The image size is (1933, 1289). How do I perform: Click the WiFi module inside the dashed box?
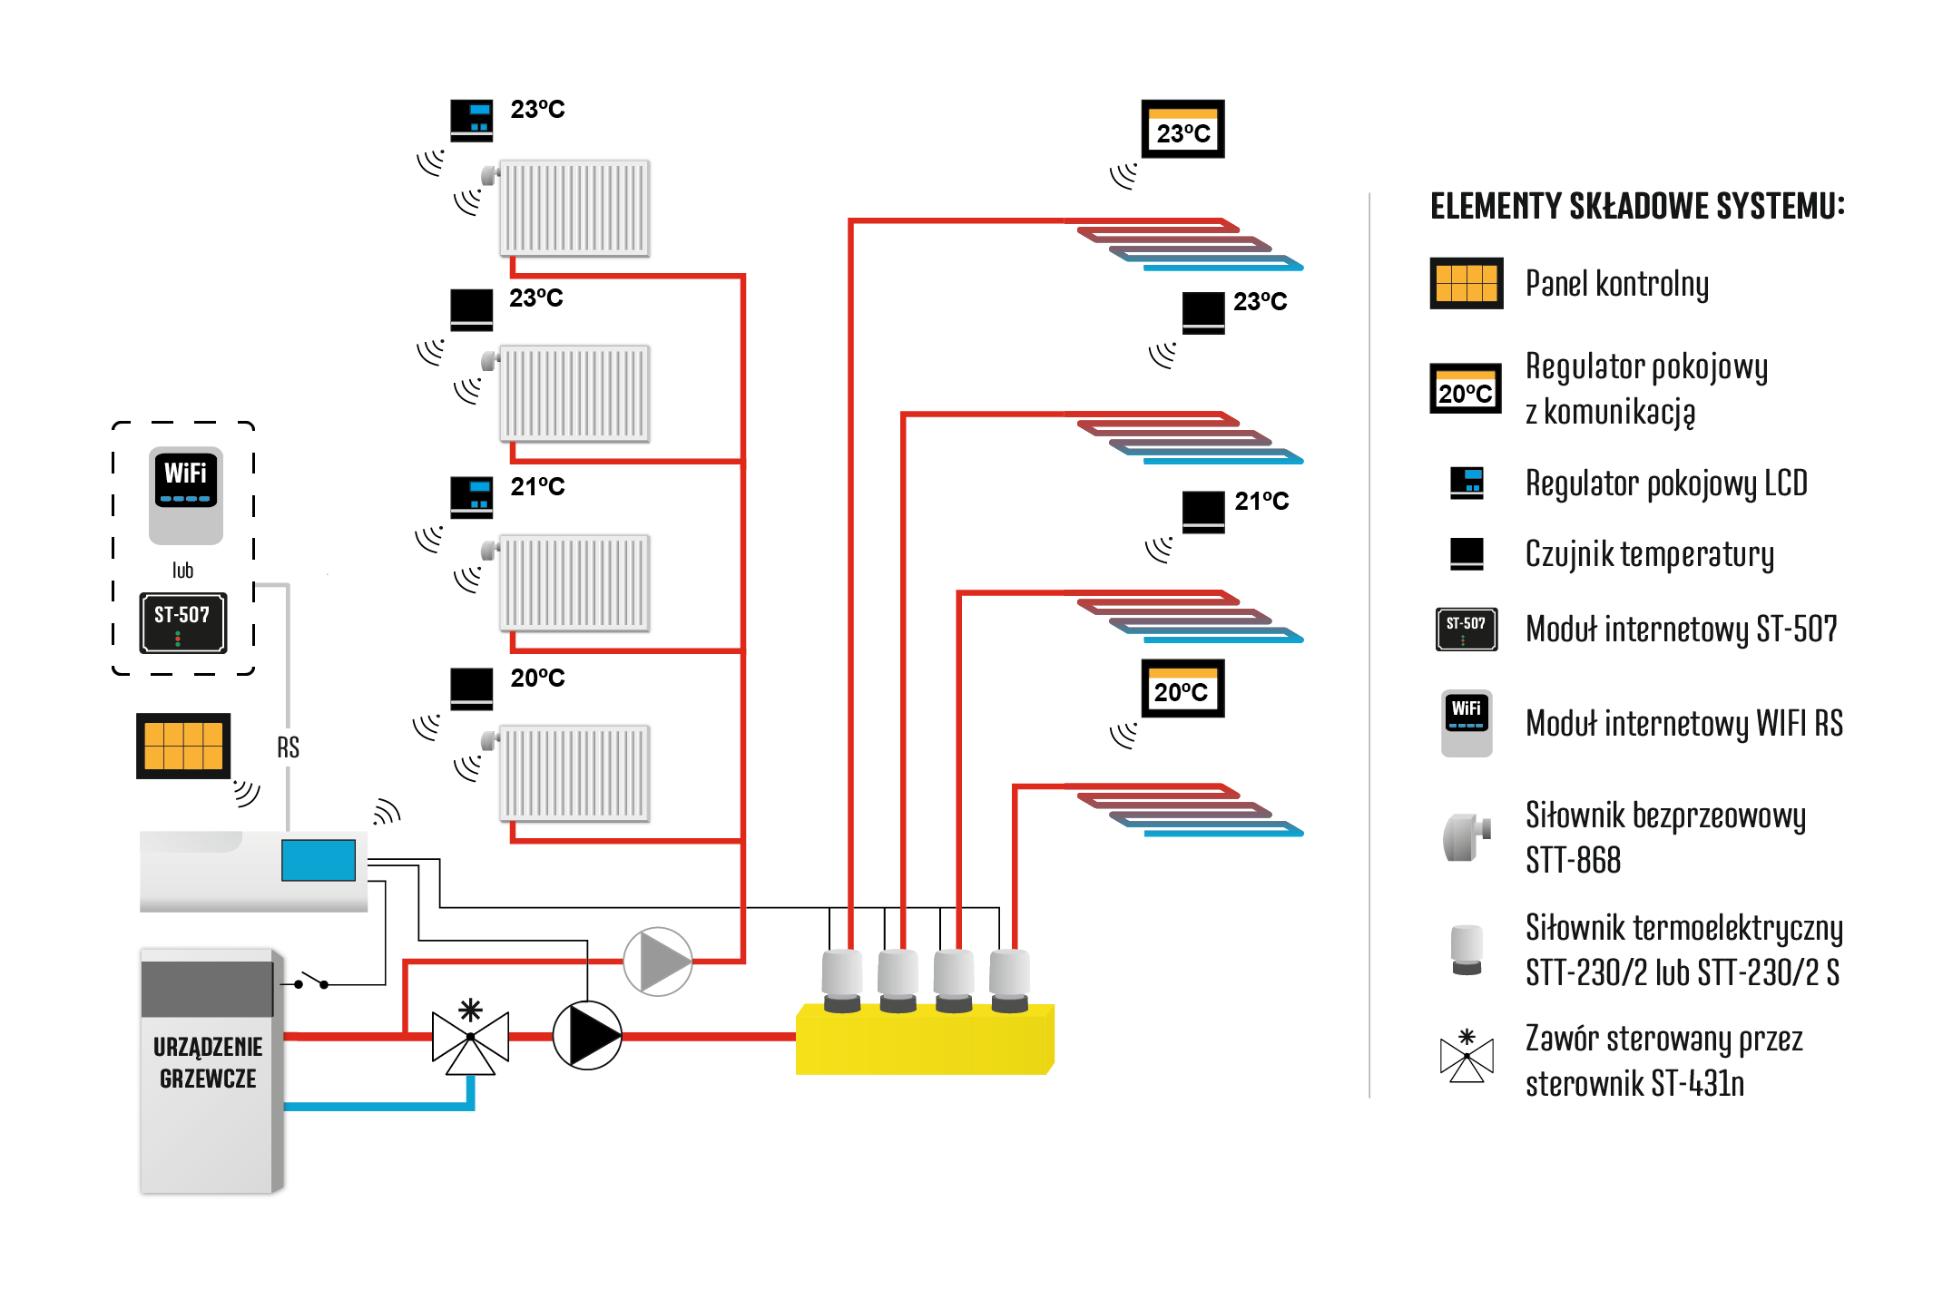pos(186,494)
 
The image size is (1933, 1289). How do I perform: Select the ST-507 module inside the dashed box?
pos(183,623)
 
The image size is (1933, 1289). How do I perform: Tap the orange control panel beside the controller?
pos(183,746)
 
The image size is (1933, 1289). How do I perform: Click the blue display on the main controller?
pos(319,860)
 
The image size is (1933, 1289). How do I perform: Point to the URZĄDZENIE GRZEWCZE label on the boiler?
pos(208,1062)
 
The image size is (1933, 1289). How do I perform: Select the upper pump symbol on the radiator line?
pos(658,961)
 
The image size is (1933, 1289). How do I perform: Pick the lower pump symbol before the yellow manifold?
pos(587,1035)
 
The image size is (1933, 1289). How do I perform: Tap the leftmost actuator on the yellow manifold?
pos(842,980)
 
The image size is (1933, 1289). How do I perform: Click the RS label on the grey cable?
pos(288,747)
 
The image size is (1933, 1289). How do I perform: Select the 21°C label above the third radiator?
pos(537,487)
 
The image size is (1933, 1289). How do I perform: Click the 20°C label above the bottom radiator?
pos(537,679)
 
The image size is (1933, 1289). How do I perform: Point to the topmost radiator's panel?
pos(575,209)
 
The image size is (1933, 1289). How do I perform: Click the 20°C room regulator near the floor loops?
pos(1182,689)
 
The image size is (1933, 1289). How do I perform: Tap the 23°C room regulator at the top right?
pos(1182,130)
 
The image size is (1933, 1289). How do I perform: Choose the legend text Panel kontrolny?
pos(1616,284)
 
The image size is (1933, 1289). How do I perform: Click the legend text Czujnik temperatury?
pos(1649,554)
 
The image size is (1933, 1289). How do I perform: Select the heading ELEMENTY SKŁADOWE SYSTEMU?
pos(1637,206)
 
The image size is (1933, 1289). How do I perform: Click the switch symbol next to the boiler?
pos(311,981)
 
